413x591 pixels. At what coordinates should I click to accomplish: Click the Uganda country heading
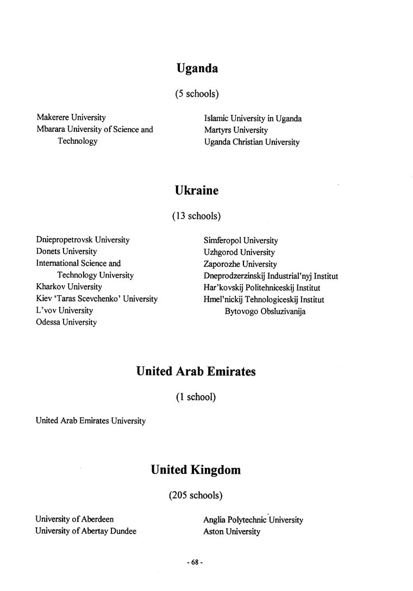pos(197,69)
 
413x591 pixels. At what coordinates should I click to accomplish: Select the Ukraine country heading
pos(197,191)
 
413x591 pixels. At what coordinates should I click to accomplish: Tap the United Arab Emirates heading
pos(196,372)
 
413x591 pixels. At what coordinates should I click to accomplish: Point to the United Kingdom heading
pos(196,470)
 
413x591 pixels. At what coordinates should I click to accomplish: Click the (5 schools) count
pos(197,94)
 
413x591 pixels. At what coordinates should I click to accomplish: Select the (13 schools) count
pos(196,216)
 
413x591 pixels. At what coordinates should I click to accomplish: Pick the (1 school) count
pos(196,397)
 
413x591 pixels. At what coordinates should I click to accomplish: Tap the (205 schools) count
pos(196,495)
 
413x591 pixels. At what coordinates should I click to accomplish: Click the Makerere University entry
pos(71,117)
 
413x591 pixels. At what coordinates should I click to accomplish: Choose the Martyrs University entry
pos(236,130)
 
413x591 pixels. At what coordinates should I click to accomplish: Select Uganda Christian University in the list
pos(252,142)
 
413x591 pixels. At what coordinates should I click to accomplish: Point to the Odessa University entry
pos(66,322)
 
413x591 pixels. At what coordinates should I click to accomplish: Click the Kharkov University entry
pos(69,287)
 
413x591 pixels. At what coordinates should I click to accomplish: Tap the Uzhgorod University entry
pos(239,252)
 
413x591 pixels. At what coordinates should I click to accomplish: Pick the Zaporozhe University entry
pos(240,264)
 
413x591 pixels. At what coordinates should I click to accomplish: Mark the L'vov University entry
pos(64,310)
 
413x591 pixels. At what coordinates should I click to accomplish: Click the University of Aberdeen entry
pos(74,519)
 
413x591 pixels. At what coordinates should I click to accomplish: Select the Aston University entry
pos(232,532)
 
